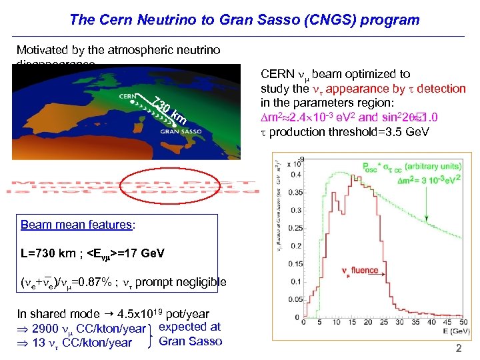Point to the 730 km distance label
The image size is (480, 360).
167,111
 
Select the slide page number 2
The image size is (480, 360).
458,349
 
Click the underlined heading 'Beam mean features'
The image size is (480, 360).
77,225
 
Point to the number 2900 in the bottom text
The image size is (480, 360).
45,329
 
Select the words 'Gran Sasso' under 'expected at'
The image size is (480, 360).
191,341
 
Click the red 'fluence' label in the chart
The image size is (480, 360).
364,271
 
